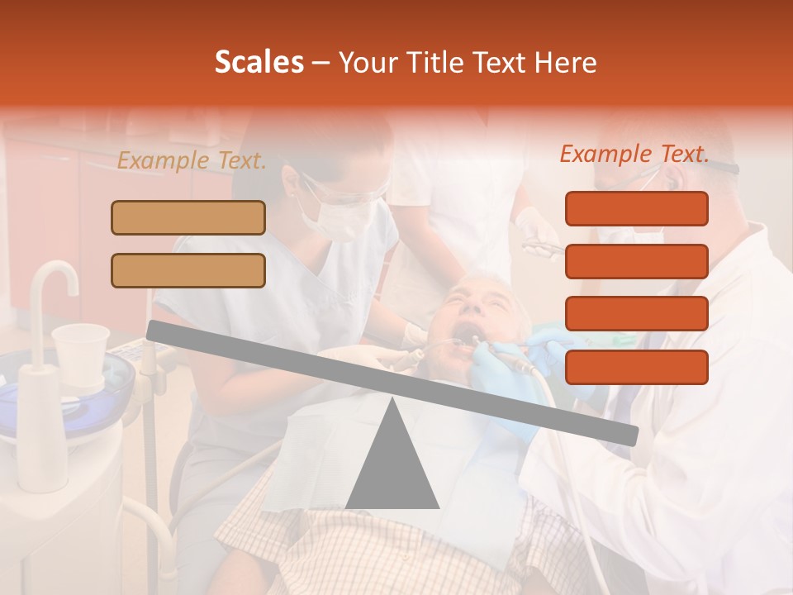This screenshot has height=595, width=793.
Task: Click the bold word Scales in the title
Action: click(x=259, y=62)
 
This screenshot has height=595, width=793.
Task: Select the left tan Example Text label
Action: click(x=192, y=161)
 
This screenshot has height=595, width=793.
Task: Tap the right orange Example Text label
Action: click(x=634, y=154)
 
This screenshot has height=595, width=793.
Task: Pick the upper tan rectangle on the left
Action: click(x=188, y=217)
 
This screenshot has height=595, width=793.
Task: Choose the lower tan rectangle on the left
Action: click(x=188, y=270)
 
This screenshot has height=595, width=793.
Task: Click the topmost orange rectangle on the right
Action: click(x=636, y=208)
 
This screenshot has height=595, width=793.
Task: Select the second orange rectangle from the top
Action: click(x=636, y=261)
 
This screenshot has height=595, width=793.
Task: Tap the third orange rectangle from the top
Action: click(x=636, y=314)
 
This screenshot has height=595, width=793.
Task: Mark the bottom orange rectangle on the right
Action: click(x=636, y=367)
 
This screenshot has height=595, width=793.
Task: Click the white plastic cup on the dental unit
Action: click(x=80, y=353)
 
